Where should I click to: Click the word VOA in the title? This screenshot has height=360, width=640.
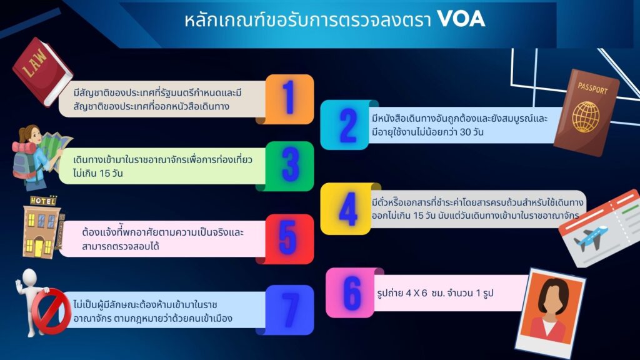(461, 19)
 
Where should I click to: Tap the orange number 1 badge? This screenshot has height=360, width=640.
(289, 99)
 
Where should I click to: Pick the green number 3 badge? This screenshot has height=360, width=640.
(289, 166)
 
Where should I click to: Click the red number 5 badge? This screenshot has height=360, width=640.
(289, 239)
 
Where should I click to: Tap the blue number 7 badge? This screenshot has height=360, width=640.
(289, 310)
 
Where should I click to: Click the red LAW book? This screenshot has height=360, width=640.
(42, 71)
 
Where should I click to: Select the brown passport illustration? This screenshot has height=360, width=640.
(587, 113)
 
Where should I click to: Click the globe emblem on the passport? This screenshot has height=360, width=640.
(586, 117)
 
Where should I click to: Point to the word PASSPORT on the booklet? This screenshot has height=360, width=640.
(592, 88)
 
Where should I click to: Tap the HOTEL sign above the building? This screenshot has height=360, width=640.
(43, 201)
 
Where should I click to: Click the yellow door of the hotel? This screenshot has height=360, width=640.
(39, 247)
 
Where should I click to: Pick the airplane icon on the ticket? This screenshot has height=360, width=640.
(591, 238)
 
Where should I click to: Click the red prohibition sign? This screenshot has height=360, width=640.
(52, 311)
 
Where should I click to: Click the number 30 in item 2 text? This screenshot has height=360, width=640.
(466, 132)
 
